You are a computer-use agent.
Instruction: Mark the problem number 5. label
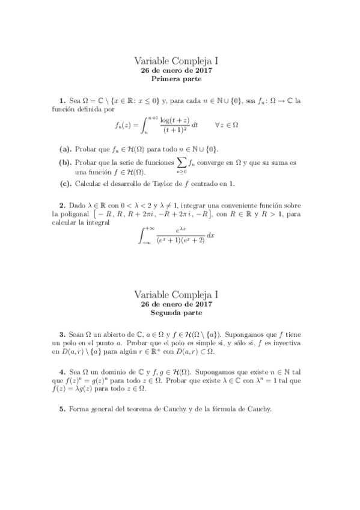(x=61, y=409)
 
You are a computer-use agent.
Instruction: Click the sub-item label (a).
(x=65, y=149)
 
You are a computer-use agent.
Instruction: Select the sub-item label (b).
(x=65, y=162)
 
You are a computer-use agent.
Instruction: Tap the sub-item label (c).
(x=65, y=183)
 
